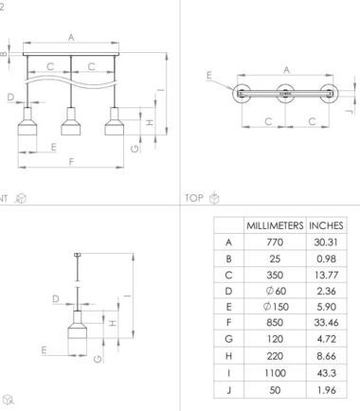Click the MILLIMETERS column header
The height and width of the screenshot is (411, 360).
[x=275, y=225]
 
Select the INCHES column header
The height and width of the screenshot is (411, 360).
[x=326, y=225]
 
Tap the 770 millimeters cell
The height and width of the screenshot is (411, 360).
[x=275, y=242]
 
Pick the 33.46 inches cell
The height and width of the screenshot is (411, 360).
[x=326, y=322]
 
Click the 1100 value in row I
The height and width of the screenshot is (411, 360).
[x=275, y=373]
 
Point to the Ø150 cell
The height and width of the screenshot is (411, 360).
[x=276, y=307]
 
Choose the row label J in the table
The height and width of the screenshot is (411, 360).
[x=229, y=390]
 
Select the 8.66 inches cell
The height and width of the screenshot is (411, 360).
[x=326, y=356]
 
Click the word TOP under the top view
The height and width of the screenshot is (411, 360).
[x=194, y=198]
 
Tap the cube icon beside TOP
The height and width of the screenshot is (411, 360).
[x=214, y=198]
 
